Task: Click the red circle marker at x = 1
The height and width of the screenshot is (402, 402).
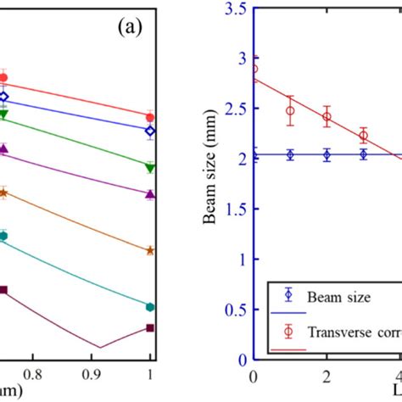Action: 150,117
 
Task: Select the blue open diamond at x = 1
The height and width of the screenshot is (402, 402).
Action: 150,131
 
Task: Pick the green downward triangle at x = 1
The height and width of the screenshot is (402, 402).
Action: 150,168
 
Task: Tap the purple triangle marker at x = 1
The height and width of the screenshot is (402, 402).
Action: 150,194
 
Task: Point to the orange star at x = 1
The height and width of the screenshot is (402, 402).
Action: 150,250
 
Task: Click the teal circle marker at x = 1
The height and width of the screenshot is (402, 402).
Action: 150,306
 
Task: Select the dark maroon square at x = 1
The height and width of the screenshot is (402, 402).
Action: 150,327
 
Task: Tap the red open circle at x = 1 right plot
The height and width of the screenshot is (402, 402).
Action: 290,110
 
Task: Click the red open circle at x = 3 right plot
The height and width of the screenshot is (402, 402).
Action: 363,136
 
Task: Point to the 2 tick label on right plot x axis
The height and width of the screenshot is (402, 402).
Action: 327,373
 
